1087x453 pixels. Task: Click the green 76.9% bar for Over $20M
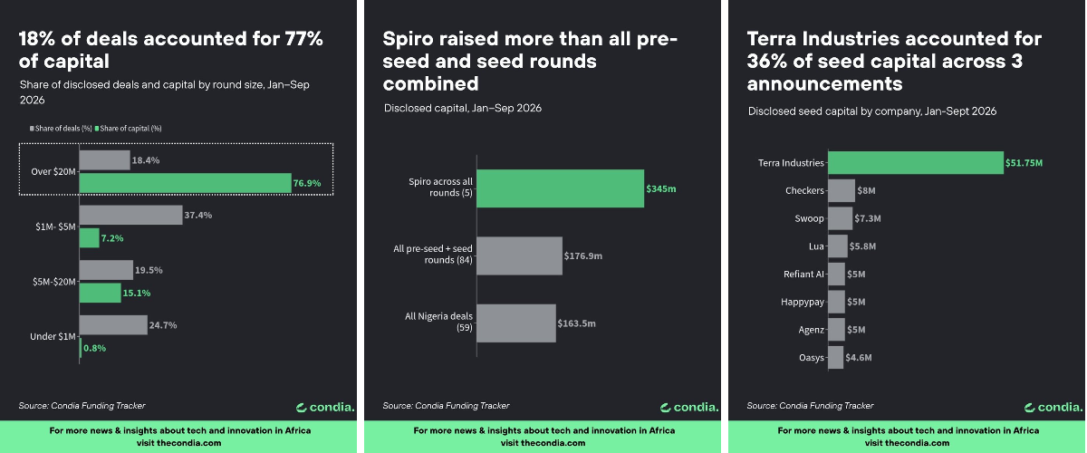186,183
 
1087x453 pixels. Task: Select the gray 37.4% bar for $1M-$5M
131,215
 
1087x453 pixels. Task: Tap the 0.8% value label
94,348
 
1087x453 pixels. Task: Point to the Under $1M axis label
53,336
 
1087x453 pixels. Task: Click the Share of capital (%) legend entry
128,129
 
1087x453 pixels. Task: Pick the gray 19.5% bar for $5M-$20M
106,270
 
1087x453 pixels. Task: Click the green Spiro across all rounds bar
561,188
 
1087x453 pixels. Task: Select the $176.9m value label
582,255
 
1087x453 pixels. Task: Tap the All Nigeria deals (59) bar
516,323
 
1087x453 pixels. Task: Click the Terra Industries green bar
916,163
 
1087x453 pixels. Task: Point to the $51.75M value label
1024,163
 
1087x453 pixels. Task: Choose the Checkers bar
842,190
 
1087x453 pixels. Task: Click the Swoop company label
809,218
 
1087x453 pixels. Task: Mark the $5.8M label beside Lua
862,246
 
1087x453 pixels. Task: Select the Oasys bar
835,357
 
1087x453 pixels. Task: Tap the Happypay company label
803,302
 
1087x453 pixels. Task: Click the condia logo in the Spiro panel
689,408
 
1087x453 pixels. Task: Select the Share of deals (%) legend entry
61,129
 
